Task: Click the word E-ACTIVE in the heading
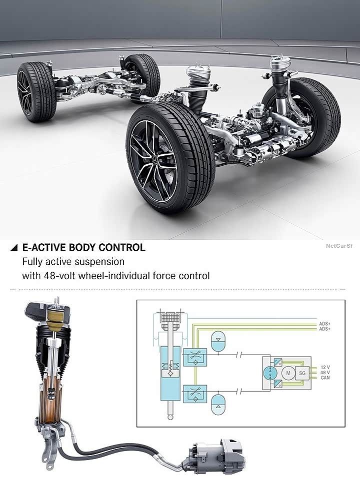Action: (44, 247)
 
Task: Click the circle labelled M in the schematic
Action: (288, 372)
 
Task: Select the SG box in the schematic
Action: (302, 372)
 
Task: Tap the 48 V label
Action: (324, 372)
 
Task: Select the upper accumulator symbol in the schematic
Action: (219, 338)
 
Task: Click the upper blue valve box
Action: (192, 357)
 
